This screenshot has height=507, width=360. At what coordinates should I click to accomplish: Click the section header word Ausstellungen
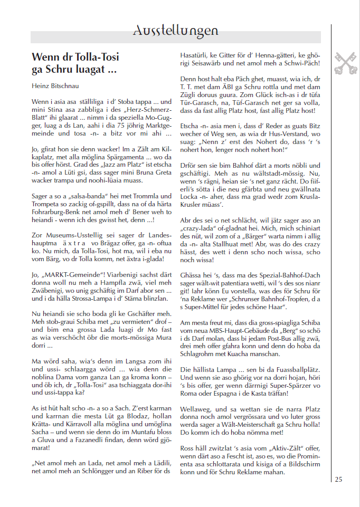click(x=175, y=31)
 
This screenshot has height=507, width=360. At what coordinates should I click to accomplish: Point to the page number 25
click(x=338, y=479)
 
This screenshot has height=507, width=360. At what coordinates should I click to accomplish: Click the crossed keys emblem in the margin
click(x=345, y=62)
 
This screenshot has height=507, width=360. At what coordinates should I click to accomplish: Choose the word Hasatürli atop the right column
click(x=196, y=54)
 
